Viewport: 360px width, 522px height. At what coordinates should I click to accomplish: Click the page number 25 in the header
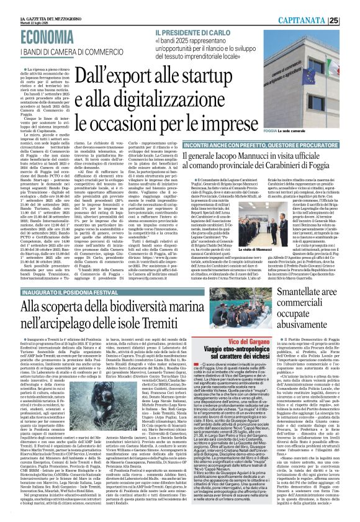click(350, 20)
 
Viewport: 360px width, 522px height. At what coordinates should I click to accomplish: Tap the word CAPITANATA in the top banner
click(316, 20)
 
